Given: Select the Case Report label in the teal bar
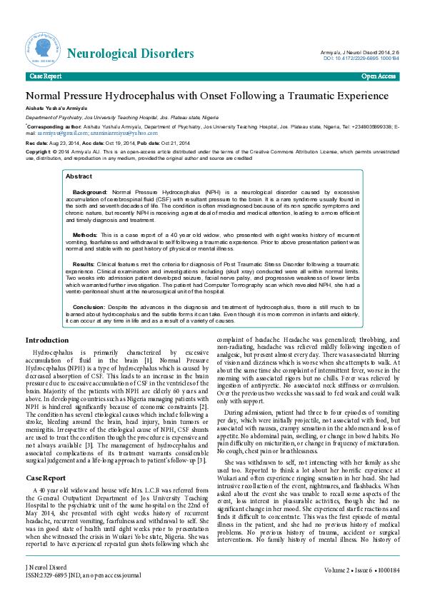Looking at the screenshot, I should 45,76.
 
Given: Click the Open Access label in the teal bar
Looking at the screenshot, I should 379,76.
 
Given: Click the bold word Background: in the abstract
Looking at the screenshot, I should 90,193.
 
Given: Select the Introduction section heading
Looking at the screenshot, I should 47,340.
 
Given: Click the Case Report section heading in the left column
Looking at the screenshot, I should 46,458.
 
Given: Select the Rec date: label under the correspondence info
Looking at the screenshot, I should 38,143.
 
